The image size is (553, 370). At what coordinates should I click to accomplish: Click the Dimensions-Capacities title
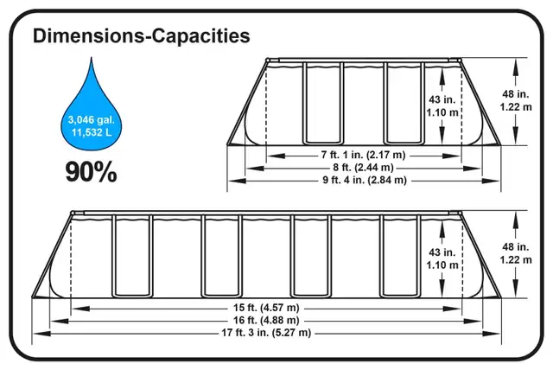[142, 35]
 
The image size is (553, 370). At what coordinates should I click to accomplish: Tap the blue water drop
[92, 113]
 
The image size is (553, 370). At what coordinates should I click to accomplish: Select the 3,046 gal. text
[92, 120]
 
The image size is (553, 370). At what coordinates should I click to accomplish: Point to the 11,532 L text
[92, 132]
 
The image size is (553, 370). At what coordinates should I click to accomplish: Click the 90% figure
[91, 172]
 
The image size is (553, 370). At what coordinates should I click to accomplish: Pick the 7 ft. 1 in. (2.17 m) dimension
[363, 155]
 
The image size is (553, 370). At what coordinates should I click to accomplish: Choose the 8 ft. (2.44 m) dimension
[363, 167]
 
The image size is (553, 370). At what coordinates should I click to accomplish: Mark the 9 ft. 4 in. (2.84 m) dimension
[365, 180]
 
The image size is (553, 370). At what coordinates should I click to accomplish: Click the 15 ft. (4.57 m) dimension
[266, 308]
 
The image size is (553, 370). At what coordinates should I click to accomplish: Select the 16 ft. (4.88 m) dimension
[266, 320]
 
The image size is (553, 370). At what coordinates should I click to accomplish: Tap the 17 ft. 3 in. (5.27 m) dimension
[266, 333]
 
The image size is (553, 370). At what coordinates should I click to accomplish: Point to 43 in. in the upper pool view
[442, 99]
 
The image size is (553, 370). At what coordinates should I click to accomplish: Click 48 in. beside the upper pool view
[516, 94]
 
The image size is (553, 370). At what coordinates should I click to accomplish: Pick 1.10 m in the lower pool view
[442, 265]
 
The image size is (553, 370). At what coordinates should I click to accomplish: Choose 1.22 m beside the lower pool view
[516, 260]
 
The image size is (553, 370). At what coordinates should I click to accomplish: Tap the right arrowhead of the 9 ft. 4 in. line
[492, 181]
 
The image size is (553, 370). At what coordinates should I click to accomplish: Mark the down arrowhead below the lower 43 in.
[442, 289]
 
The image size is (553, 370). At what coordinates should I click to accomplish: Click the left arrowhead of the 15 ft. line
[80, 309]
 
